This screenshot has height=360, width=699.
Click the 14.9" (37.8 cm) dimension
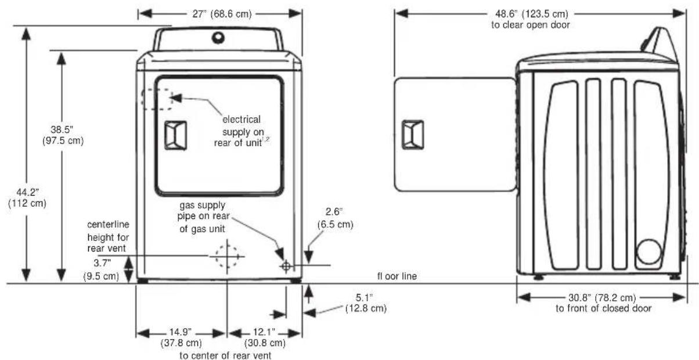tap(181, 338)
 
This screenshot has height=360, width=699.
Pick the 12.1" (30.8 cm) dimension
tap(265, 338)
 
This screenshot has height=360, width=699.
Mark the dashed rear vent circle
tap(226, 256)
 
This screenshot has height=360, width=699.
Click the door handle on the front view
tap(176, 135)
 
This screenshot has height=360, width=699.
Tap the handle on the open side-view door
tap(413, 135)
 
